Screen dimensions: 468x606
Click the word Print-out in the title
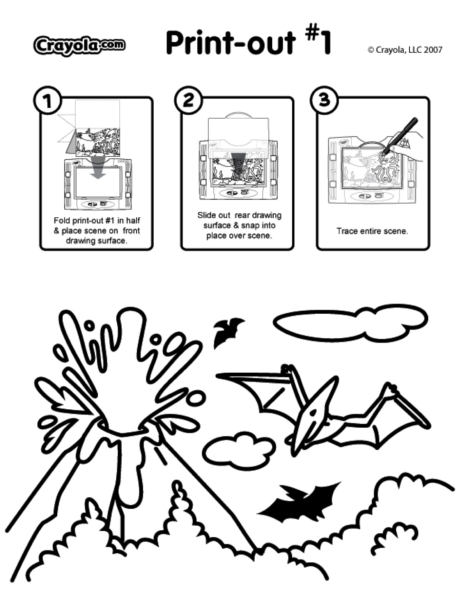tap(230, 43)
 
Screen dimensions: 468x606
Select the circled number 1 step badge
tap(48, 101)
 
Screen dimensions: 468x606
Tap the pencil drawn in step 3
tap(400, 136)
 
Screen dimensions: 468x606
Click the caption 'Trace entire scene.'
tap(372, 231)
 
